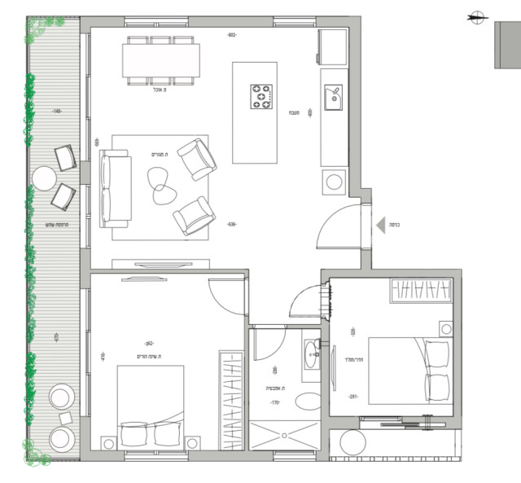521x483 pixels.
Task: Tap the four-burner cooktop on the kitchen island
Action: pos(260,96)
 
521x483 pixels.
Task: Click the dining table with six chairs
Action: pos(161,60)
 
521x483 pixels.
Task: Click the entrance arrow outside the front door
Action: pos(379,224)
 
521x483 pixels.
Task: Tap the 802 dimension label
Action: pos(231,35)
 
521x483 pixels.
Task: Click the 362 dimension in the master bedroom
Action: pos(149,344)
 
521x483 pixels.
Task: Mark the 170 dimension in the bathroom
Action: pos(274,402)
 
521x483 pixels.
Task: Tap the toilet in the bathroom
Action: pos(308,401)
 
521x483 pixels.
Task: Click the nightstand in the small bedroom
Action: pos(445,328)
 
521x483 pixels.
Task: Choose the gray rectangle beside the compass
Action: pos(508,45)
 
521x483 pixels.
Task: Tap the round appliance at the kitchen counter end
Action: pos(334,182)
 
